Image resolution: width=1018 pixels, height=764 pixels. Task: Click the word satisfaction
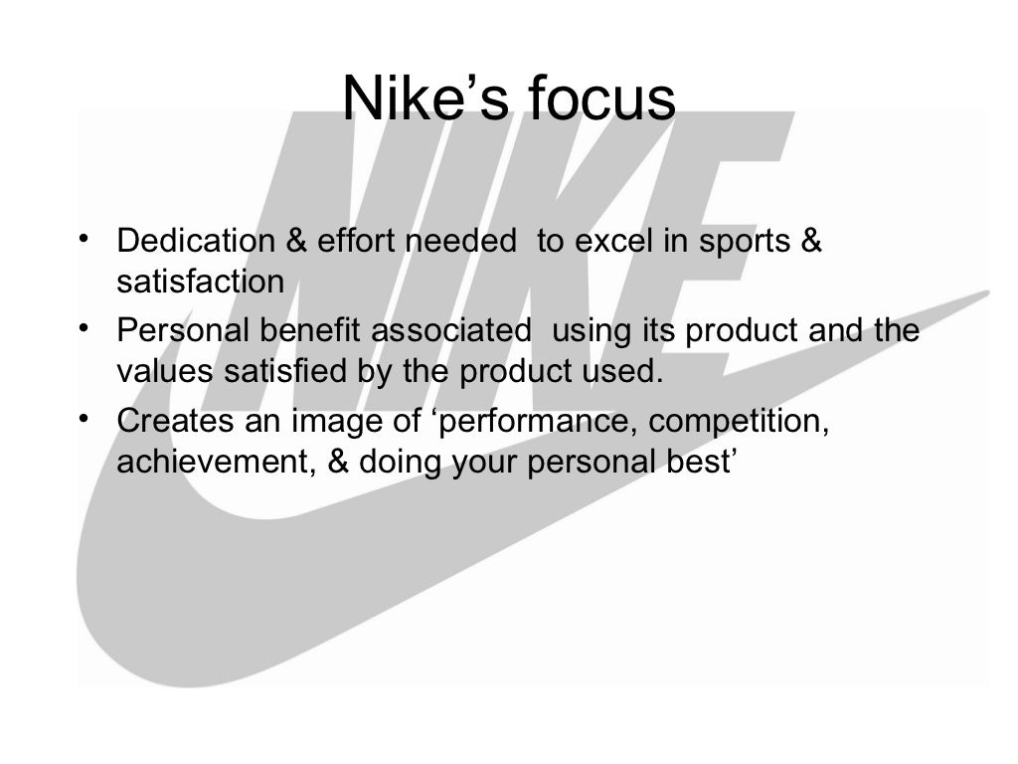coord(200,283)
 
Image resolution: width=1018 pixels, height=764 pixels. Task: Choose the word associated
coord(450,331)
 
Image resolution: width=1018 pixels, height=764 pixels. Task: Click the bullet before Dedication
coord(85,240)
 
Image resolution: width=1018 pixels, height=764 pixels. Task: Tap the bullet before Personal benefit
coord(85,328)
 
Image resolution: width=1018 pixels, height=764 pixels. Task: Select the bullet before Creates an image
coord(85,419)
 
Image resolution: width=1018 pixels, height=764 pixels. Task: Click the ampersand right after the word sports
coord(810,242)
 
